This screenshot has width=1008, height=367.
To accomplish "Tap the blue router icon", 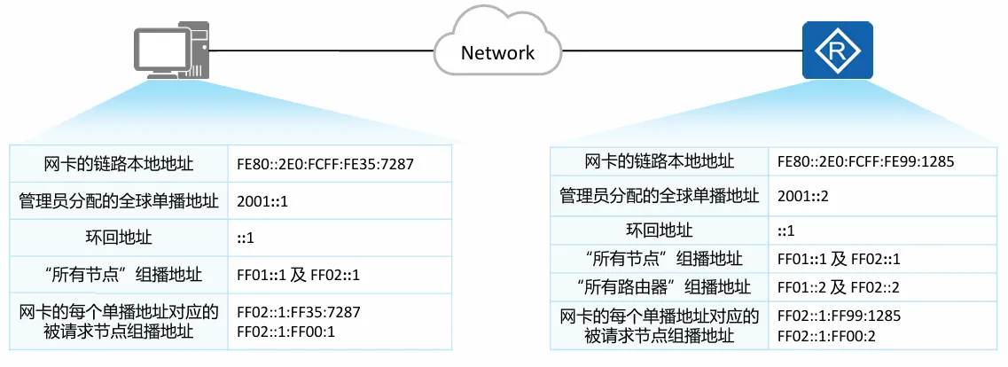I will point(837,51).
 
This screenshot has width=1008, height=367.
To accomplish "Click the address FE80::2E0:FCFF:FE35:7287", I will point(325,165).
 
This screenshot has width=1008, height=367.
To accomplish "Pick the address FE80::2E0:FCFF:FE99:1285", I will point(864,162).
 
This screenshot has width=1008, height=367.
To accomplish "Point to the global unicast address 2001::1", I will point(262,201).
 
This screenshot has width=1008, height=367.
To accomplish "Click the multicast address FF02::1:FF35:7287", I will point(299,313).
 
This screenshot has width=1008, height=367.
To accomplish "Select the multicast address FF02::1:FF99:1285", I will point(839,316).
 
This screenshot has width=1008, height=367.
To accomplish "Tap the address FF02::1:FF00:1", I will point(285,332).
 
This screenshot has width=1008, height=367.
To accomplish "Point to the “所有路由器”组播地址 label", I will point(658,287).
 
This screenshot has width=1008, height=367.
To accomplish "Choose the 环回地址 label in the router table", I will point(658,230).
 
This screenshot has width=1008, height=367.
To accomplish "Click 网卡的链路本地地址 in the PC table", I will point(118,164).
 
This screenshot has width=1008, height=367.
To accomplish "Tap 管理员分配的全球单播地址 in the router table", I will point(659,195).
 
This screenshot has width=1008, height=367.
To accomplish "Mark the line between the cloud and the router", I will point(683,51).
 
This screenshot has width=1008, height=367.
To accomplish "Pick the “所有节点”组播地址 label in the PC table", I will point(118,274).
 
